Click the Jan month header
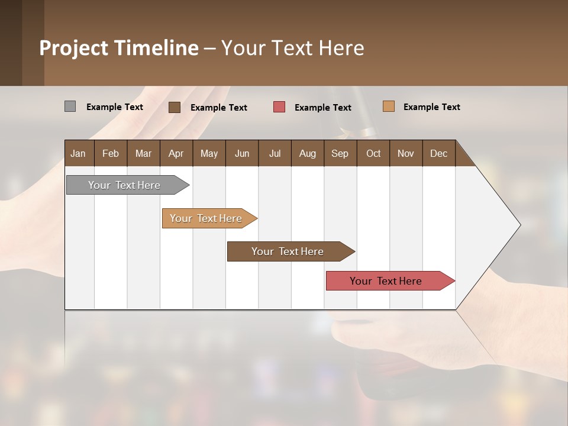(78, 153)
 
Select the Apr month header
(176, 153)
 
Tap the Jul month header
(275, 153)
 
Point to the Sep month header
(340, 153)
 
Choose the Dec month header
(438, 153)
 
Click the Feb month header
(111, 153)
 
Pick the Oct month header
(373, 153)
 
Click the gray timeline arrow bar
(124, 185)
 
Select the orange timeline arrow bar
(206, 218)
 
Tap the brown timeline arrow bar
(288, 251)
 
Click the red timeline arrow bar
(386, 281)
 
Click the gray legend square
(70, 106)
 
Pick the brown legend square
(174, 107)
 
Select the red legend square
(279, 107)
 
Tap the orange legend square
(388, 106)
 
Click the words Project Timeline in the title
(118, 48)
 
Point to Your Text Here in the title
(292, 48)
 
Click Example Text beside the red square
(322, 108)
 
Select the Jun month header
(242, 153)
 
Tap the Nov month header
(405, 153)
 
